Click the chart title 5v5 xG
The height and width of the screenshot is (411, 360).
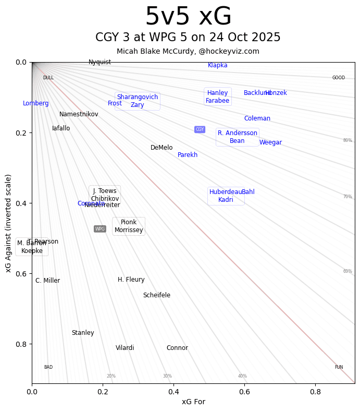(188, 17)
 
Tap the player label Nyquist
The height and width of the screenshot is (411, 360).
(100, 62)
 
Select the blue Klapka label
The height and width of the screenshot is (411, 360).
(217, 65)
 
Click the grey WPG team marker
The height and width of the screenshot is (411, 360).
(100, 229)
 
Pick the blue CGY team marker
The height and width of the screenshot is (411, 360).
(200, 129)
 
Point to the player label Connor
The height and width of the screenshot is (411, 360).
(177, 348)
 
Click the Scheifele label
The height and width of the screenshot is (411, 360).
(156, 295)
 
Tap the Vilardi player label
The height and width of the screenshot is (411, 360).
(125, 348)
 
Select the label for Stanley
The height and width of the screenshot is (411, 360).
(83, 333)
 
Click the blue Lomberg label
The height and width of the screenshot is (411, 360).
(36, 103)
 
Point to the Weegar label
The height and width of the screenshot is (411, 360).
(270, 142)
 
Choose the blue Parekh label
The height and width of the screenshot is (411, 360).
(188, 155)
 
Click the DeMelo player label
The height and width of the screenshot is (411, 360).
(162, 148)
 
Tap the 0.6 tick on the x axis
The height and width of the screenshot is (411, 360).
(244, 391)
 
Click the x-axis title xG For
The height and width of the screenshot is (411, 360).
(193, 402)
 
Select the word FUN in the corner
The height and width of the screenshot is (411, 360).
(339, 367)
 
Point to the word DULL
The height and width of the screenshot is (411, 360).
(48, 78)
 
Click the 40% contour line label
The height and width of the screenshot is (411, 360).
(242, 376)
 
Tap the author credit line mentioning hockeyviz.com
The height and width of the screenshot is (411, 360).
(188, 51)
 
